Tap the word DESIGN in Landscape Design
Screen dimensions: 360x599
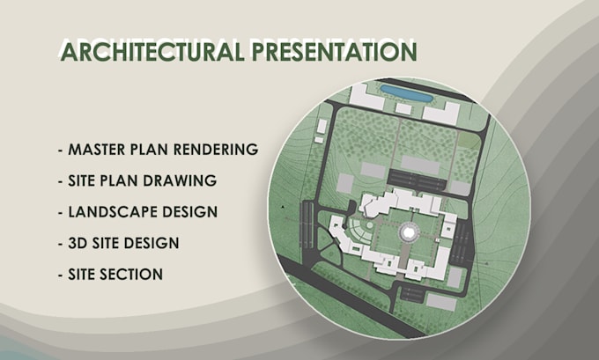pyautogui.click(x=187, y=212)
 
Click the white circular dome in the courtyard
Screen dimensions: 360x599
pyautogui.click(x=410, y=231)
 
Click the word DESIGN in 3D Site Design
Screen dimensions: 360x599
pyautogui.click(x=150, y=243)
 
